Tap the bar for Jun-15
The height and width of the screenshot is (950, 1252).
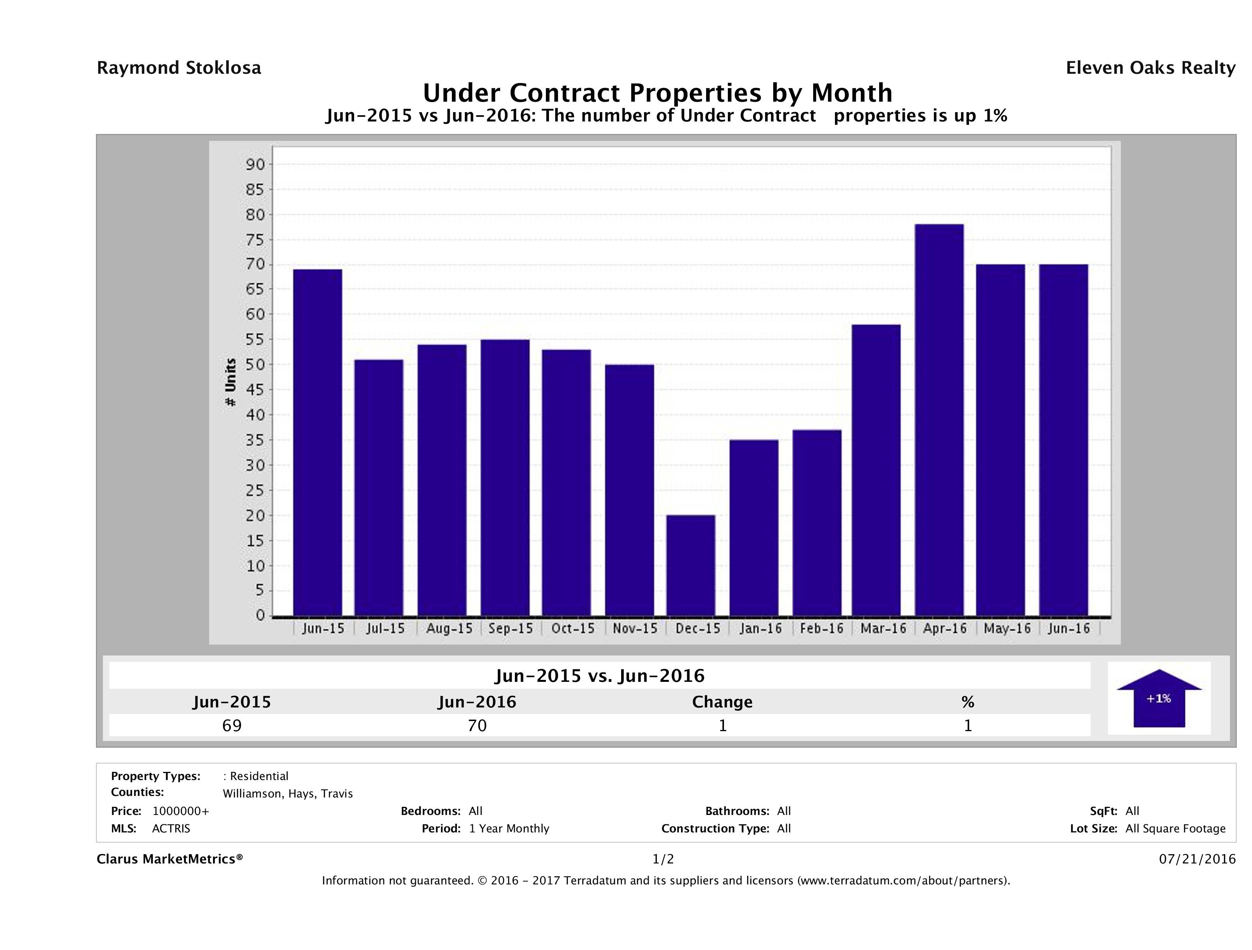317,442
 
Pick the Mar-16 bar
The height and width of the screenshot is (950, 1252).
876,470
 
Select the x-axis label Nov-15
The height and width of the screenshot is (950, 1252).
635,628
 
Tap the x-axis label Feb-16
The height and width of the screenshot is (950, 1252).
821,628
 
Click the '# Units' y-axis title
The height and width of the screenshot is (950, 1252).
230,382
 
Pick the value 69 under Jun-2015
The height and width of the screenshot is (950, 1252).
232,725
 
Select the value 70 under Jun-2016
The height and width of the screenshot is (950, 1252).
477,725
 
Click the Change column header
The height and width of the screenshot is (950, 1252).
722,702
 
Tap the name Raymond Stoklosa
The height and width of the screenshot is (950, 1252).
179,68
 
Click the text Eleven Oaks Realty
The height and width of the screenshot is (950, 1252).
1150,68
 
